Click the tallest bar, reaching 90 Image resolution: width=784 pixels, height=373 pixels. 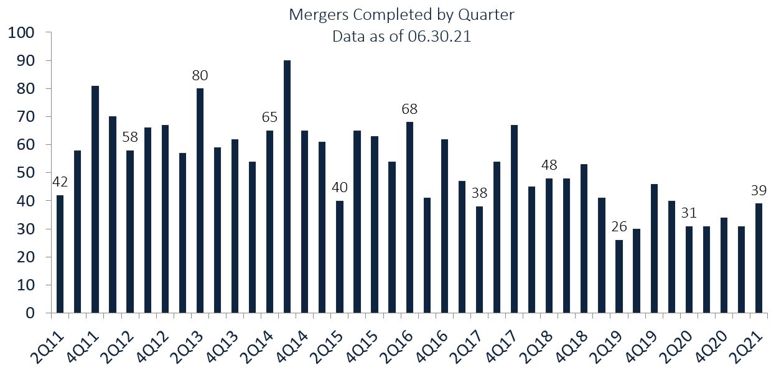click(287, 186)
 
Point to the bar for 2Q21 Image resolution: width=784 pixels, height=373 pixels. click(758, 258)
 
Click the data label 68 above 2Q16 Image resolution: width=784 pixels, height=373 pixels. click(409, 109)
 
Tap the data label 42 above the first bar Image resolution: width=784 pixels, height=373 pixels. click(60, 182)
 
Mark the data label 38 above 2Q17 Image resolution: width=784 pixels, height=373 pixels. click(479, 193)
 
